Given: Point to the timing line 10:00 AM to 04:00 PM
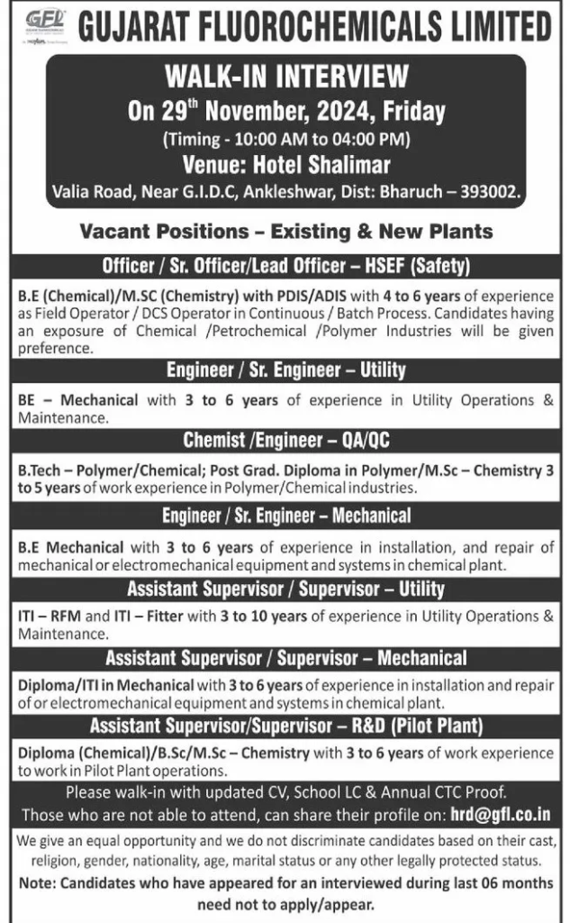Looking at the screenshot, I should [285, 140].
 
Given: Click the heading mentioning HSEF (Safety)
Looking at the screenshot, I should [285, 266].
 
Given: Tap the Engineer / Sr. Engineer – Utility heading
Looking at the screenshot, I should [285, 370].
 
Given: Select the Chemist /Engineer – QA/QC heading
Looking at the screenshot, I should [285, 442].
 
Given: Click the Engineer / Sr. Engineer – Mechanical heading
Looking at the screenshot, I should [285, 516].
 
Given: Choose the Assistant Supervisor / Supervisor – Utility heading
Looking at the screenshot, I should [285, 589].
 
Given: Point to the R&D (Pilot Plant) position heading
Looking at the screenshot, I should [285, 724].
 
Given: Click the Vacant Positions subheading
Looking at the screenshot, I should [285, 232].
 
